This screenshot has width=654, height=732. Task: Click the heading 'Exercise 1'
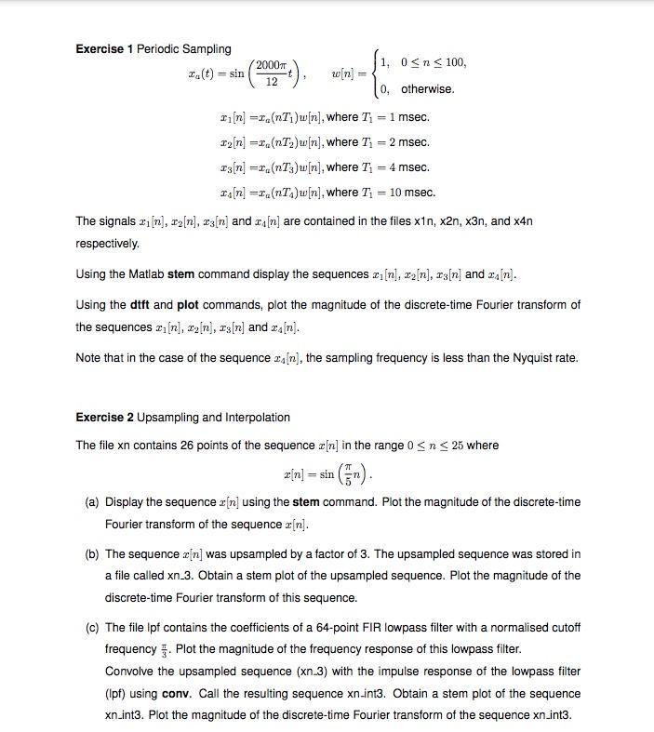pyautogui.click(x=104, y=48)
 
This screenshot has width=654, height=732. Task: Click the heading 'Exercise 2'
pyautogui.click(x=104, y=418)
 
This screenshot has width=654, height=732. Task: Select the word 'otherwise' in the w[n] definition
pyautogui.click(x=427, y=89)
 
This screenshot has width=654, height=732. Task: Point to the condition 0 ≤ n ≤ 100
pyautogui.click(x=432, y=62)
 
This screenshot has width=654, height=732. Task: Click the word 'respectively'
pyautogui.click(x=107, y=244)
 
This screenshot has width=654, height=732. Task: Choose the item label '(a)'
pyautogui.click(x=92, y=502)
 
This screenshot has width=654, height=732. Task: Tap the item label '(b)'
pyautogui.click(x=92, y=554)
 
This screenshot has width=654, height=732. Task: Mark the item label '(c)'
pyautogui.click(x=92, y=628)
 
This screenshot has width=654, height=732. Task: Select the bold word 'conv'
pyautogui.click(x=176, y=694)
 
